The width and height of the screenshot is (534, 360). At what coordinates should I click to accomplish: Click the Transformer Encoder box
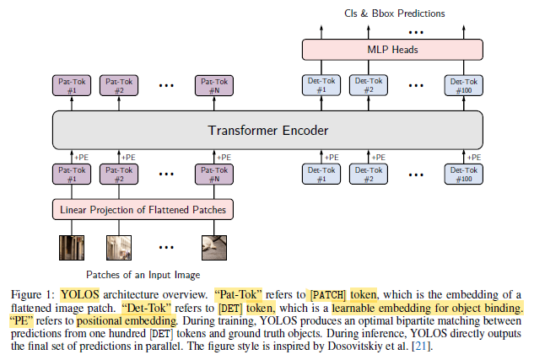(267, 131)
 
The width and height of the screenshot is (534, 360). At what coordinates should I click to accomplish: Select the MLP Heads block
(392, 50)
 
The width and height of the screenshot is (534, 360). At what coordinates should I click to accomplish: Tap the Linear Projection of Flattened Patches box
(143, 209)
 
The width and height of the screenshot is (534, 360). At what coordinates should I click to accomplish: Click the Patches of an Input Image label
(143, 275)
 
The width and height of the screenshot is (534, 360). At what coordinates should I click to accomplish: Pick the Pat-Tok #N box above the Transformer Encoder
(214, 85)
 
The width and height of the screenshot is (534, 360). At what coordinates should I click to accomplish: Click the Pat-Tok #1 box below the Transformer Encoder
(71, 175)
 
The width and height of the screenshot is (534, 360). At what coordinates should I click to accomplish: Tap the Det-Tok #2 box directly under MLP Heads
(368, 85)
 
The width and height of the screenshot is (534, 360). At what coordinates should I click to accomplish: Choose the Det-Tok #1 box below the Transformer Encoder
(321, 175)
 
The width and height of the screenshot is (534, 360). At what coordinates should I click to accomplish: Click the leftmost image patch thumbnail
(71, 246)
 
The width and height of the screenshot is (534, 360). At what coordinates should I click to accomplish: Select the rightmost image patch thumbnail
(214, 246)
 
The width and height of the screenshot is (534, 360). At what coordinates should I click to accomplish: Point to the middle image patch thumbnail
(118, 246)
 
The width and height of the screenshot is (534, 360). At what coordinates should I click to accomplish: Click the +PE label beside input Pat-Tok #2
(128, 157)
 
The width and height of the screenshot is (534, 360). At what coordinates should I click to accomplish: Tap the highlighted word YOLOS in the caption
(79, 294)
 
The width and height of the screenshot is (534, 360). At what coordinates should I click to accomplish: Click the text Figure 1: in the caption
(33, 294)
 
